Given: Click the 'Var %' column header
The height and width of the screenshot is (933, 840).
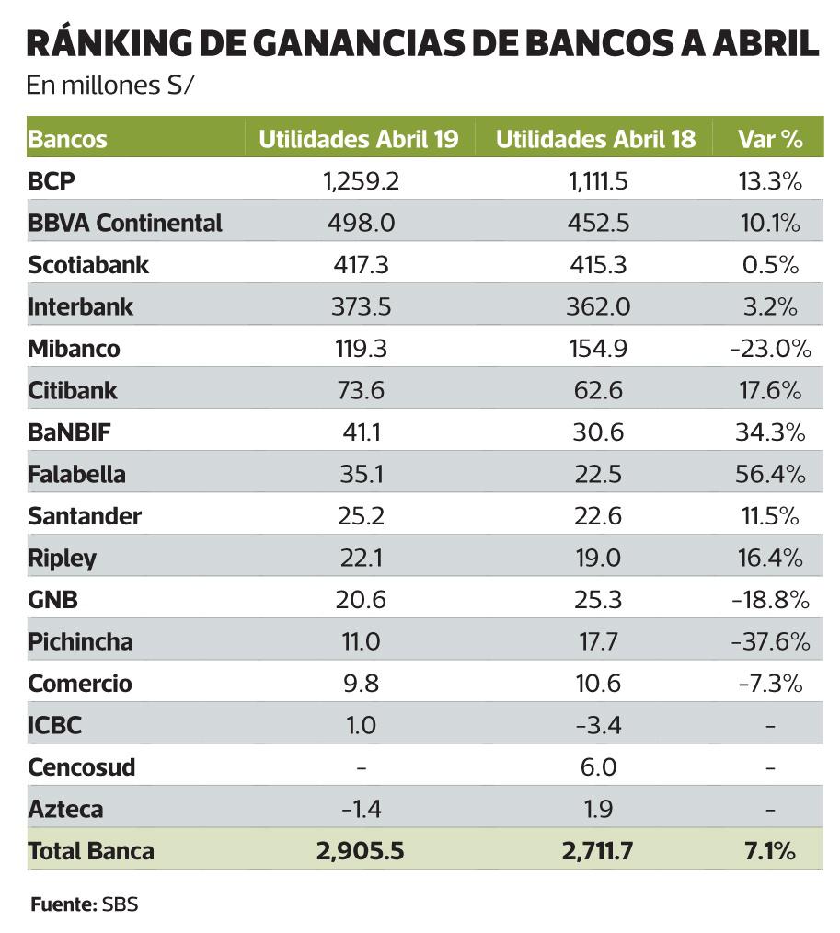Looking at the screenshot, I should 770,140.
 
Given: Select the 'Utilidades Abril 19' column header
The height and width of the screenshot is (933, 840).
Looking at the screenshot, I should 358,140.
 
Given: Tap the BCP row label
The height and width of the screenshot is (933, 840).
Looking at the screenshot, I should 51,181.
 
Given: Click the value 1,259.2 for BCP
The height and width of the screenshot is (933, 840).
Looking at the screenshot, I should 361,181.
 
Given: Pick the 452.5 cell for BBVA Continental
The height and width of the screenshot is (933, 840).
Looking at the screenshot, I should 599,223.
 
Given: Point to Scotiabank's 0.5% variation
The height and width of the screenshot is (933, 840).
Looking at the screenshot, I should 771,265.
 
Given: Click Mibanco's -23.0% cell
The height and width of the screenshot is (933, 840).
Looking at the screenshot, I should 771,349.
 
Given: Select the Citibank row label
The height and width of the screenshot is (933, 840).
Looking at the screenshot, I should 73,391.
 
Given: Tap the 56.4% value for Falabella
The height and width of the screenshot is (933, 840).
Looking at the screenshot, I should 771,475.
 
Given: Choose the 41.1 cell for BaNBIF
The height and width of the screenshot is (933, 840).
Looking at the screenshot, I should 361,432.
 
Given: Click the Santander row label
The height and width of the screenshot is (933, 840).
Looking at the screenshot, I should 85,516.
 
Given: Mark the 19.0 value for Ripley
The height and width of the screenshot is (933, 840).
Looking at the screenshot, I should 599,559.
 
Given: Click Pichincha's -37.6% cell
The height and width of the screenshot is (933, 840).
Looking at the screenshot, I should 771,642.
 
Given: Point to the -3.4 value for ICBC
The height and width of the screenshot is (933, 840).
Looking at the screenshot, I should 599,726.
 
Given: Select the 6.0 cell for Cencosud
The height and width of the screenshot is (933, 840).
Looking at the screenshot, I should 599,767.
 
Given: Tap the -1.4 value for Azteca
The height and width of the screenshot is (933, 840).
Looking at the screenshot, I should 361,810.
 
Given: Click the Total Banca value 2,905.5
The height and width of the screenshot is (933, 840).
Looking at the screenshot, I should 361,851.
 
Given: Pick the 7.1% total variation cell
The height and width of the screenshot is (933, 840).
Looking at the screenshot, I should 771,851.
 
